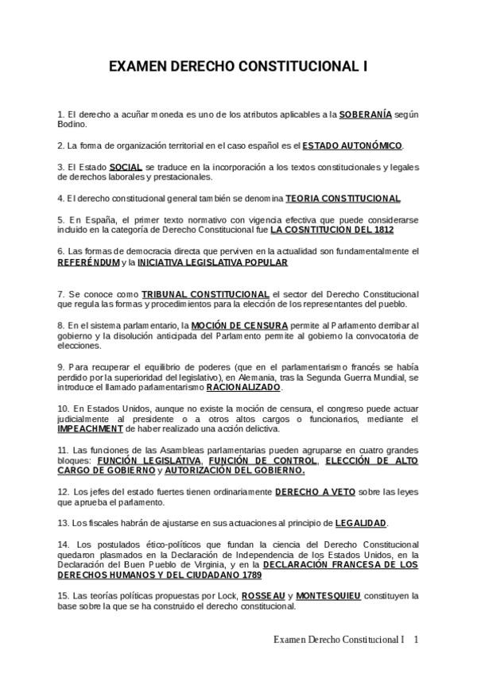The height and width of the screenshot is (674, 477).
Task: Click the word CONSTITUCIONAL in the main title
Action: (x=302, y=68)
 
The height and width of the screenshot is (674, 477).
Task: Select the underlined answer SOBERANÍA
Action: (x=365, y=114)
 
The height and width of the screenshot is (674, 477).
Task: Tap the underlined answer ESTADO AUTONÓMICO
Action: (x=353, y=145)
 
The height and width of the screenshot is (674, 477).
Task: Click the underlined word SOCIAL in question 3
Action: (x=126, y=167)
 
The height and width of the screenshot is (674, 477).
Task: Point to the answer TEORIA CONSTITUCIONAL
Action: (x=343, y=198)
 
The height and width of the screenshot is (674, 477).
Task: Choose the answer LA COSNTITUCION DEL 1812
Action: (x=332, y=229)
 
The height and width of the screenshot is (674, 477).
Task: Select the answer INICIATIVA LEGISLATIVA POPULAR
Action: (x=212, y=261)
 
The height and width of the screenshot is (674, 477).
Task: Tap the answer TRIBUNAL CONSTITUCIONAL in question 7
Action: (x=205, y=294)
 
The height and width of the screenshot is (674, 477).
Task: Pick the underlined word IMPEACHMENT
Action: (x=91, y=428)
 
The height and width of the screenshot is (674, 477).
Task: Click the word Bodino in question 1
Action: (x=72, y=124)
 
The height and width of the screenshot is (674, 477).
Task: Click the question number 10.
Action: (x=64, y=409)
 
